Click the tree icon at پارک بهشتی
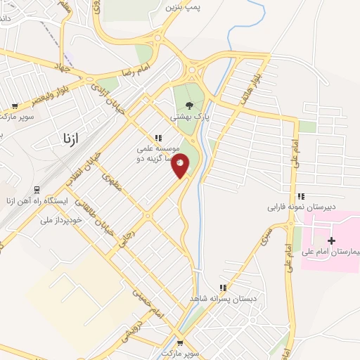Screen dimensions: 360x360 point(191,106)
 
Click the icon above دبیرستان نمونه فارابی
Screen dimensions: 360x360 point(301,196)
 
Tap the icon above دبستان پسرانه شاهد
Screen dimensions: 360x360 point(223,288)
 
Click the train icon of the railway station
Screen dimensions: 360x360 point(37,190)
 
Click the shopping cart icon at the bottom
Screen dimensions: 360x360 point(181,345)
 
